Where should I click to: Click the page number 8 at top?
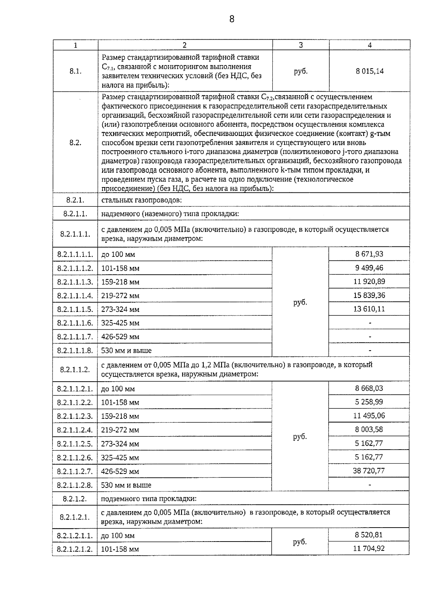(232, 19)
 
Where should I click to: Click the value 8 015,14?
(370, 71)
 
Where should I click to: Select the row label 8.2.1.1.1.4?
(75, 295)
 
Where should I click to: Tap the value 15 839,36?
(370, 295)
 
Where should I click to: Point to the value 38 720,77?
(369, 471)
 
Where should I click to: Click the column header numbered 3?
(301, 45)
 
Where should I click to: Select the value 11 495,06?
(370, 416)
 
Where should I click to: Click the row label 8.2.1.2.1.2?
(75, 549)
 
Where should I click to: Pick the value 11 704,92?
(369, 548)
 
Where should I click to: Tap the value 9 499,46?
(369, 268)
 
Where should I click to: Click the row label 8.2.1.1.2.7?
(75, 471)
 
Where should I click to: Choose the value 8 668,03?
(369, 388)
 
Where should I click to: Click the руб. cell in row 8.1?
(301, 71)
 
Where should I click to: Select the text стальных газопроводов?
(142, 200)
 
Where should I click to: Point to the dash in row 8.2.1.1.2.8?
(370, 485)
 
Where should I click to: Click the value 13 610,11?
(369, 309)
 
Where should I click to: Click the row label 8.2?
(75, 142)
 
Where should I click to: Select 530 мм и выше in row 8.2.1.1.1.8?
(126, 351)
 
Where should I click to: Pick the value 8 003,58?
(369, 429)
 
